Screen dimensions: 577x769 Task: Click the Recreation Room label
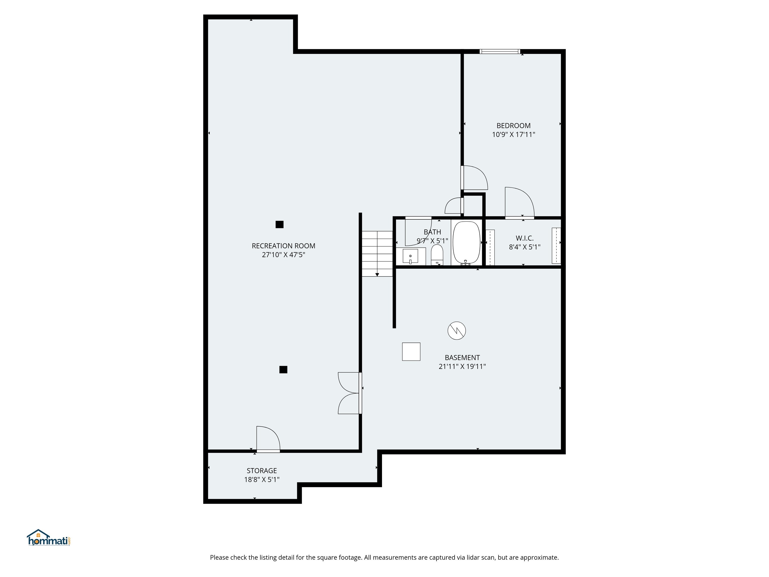283,246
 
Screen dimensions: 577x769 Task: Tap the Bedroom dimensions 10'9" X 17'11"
513,134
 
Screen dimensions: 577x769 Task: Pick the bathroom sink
410,256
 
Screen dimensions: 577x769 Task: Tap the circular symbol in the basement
456,330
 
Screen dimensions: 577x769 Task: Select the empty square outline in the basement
411,352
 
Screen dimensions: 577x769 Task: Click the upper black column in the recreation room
280,225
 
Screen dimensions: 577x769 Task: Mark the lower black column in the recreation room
283,369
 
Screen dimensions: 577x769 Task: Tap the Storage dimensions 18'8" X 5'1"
262,480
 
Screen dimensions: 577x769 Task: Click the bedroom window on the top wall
500,52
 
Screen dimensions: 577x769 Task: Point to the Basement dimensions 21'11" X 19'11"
462,366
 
